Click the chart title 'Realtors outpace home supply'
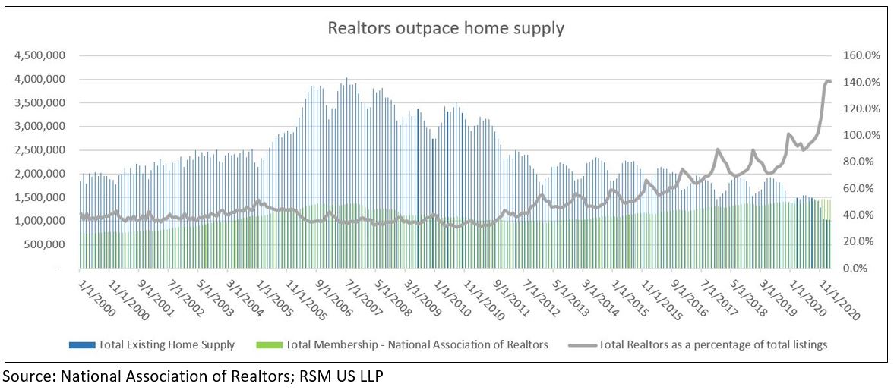446,29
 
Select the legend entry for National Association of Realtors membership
417,344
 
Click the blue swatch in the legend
81,345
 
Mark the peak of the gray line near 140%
827,80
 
